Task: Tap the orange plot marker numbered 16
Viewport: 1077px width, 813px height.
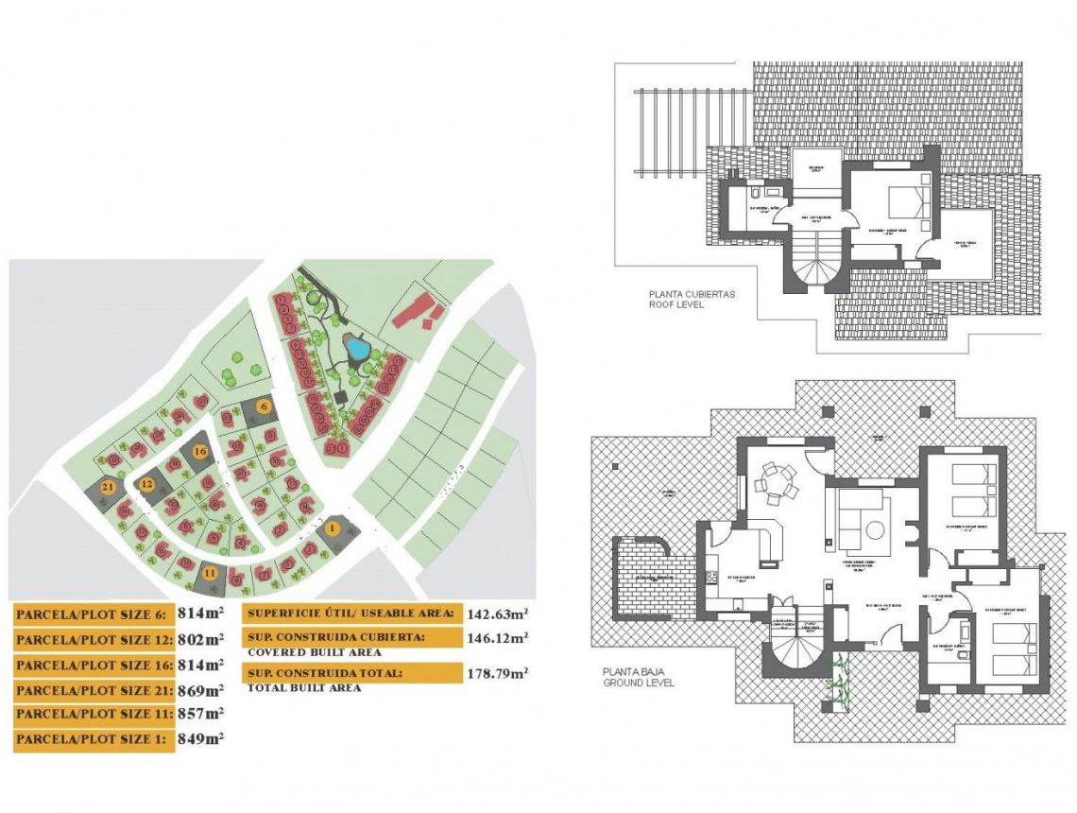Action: (x=199, y=451)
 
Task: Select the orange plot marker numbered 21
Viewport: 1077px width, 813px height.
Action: (x=109, y=486)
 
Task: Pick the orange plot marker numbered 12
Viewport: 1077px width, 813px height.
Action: (x=146, y=483)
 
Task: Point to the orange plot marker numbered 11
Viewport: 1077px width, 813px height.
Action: (x=209, y=572)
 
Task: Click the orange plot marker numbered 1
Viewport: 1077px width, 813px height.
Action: (x=333, y=528)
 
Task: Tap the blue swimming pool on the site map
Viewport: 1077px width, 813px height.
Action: (x=357, y=350)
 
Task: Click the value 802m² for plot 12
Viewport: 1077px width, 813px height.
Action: (x=200, y=639)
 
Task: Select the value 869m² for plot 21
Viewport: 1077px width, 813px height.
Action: (x=200, y=689)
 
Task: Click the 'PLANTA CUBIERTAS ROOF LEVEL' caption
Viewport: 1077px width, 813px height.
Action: (x=692, y=300)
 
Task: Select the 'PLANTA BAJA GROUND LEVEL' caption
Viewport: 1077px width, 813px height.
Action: (x=639, y=677)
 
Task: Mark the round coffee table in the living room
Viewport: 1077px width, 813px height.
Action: (x=875, y=530)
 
